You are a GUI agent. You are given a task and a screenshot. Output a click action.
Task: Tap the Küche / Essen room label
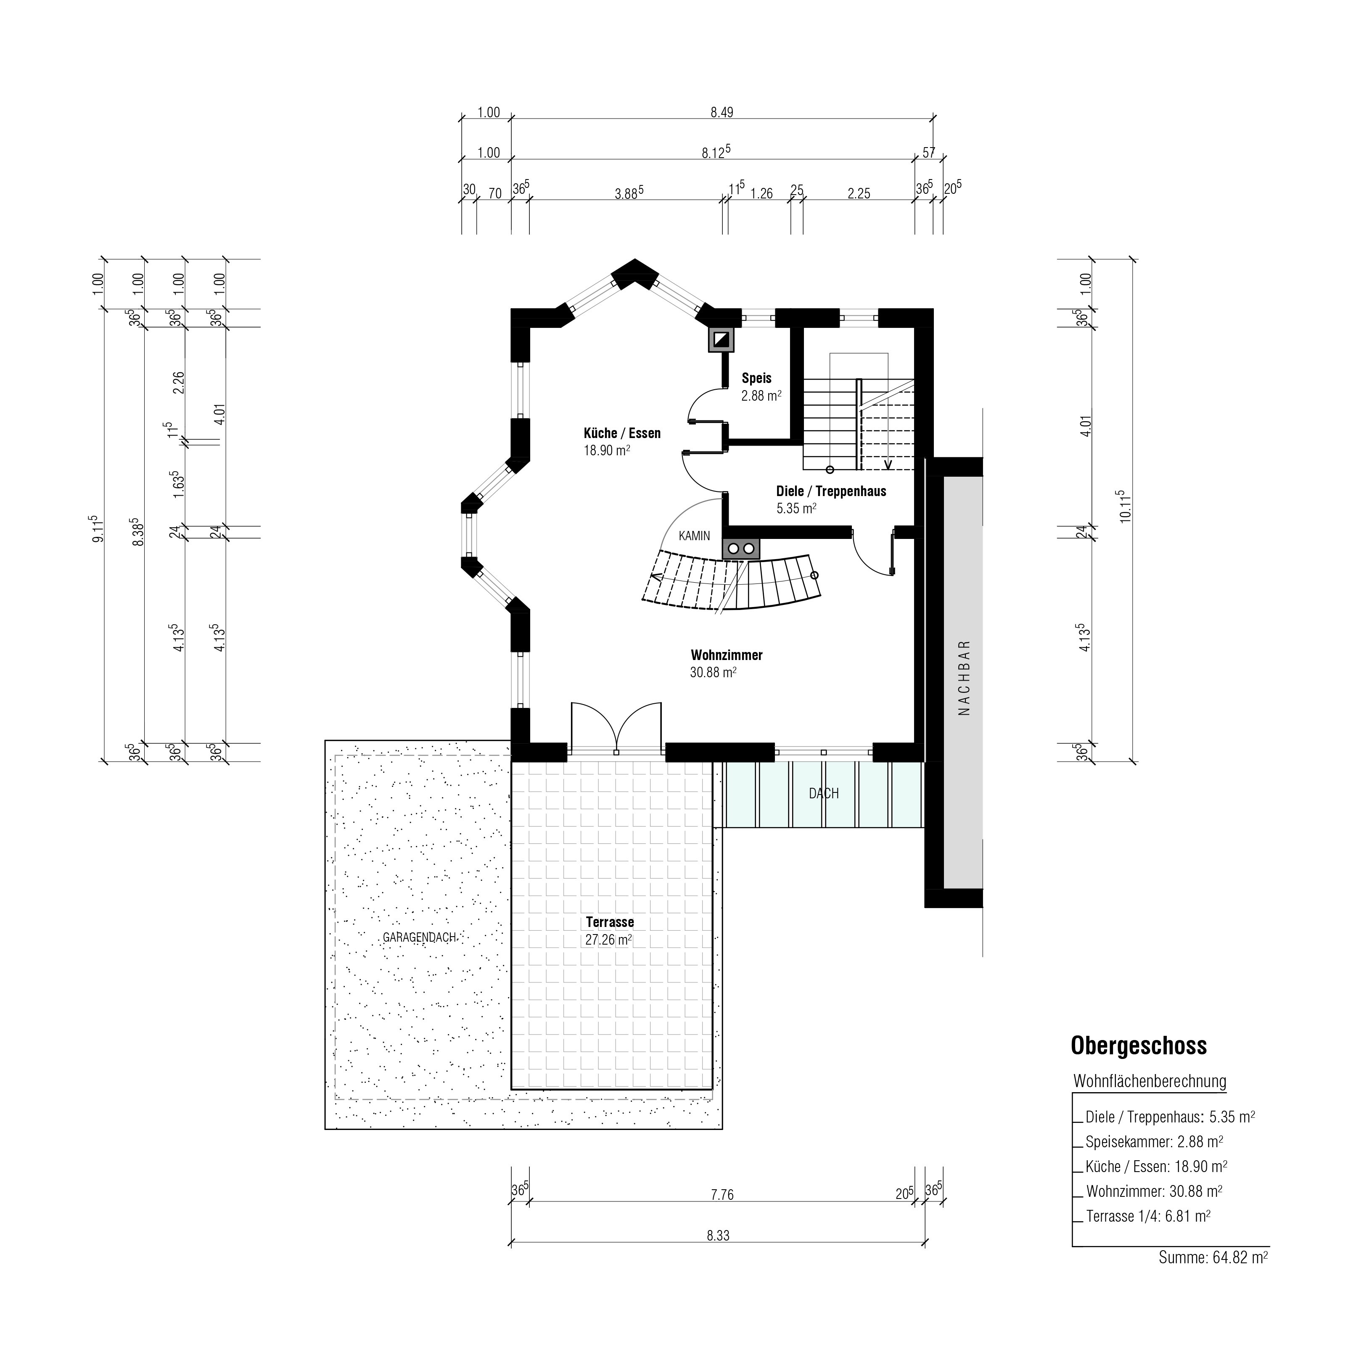click(x=622, y=433)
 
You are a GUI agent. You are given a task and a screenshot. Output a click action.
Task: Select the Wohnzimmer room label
click(x=727, y=655)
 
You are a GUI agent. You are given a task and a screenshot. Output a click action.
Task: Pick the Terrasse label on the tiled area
click(x=610, y=922)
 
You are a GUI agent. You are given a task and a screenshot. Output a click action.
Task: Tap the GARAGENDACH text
click(x=420, y=937)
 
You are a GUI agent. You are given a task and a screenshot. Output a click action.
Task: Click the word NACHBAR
click(x=964, y=677)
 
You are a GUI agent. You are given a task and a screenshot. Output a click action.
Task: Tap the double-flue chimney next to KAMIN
click(x=741, y=548)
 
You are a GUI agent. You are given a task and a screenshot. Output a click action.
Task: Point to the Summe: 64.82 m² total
click(x=1213, y=1257)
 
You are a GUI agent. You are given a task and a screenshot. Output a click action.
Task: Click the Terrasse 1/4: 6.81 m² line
click(x=1148, y=1216)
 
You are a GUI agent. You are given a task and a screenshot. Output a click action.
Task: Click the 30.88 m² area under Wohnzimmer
click(x=713, y=672)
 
